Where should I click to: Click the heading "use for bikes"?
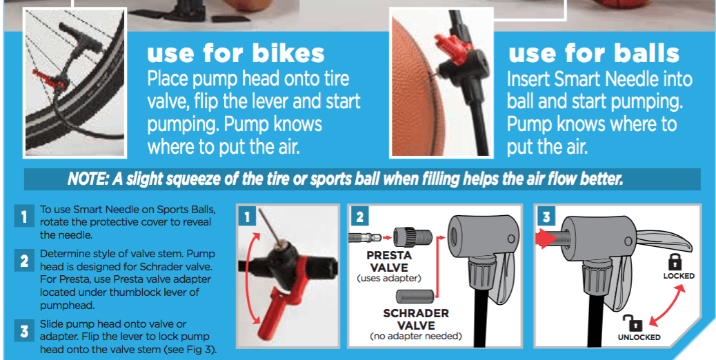pyautogui.click(x=236, y=54)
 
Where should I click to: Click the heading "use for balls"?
pyautogui.click(x=594, y=54)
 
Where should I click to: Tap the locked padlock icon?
pyautogui.click(x=674, y=261)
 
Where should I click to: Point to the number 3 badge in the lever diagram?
pyautogui.click(x=545, y=217)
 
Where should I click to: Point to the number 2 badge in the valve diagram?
pyautogui.click(x=359, y=217)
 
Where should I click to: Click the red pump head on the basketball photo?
pyautogui.click(x=449, y=49)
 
